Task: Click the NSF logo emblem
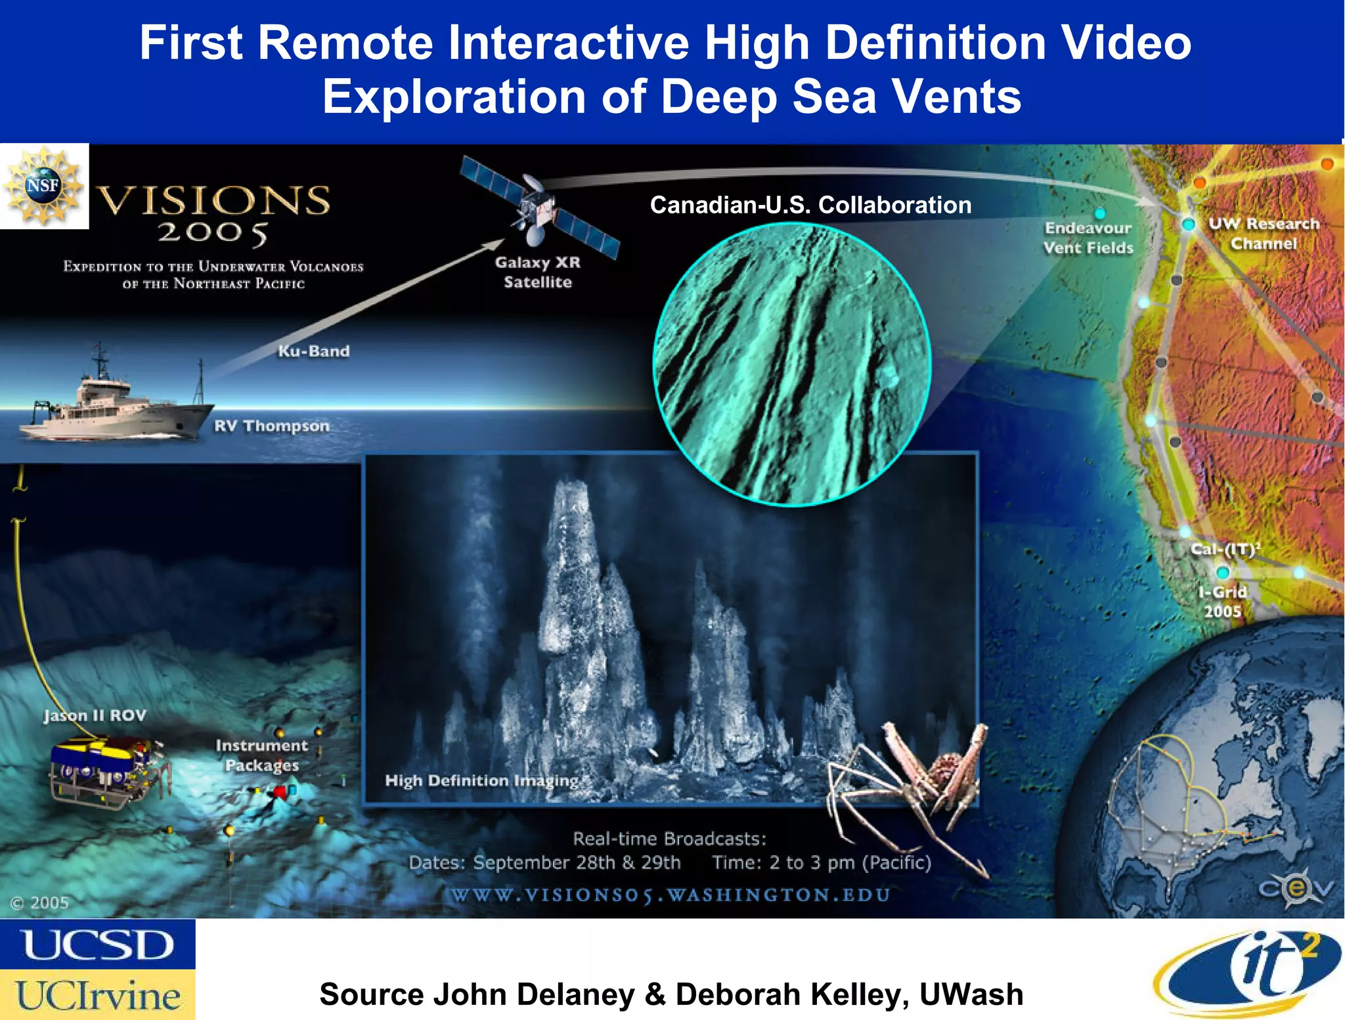pos(43,186)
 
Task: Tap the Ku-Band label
pos(313,351)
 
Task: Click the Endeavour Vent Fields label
pos(1088,238)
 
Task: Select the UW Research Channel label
pos(1264,233)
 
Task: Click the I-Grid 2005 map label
pos(1222,601)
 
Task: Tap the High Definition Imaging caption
pos(481,780)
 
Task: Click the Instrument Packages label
pos(261,755)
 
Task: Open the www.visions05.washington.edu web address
pos(670,895)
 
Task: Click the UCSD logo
pos(97,944)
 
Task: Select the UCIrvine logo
pos(97,995)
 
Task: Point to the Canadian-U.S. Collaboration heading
pos(810,205)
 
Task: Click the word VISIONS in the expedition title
pos(213,200)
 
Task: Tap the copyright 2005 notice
pos(39,903)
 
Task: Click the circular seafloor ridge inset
pos(792,365)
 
